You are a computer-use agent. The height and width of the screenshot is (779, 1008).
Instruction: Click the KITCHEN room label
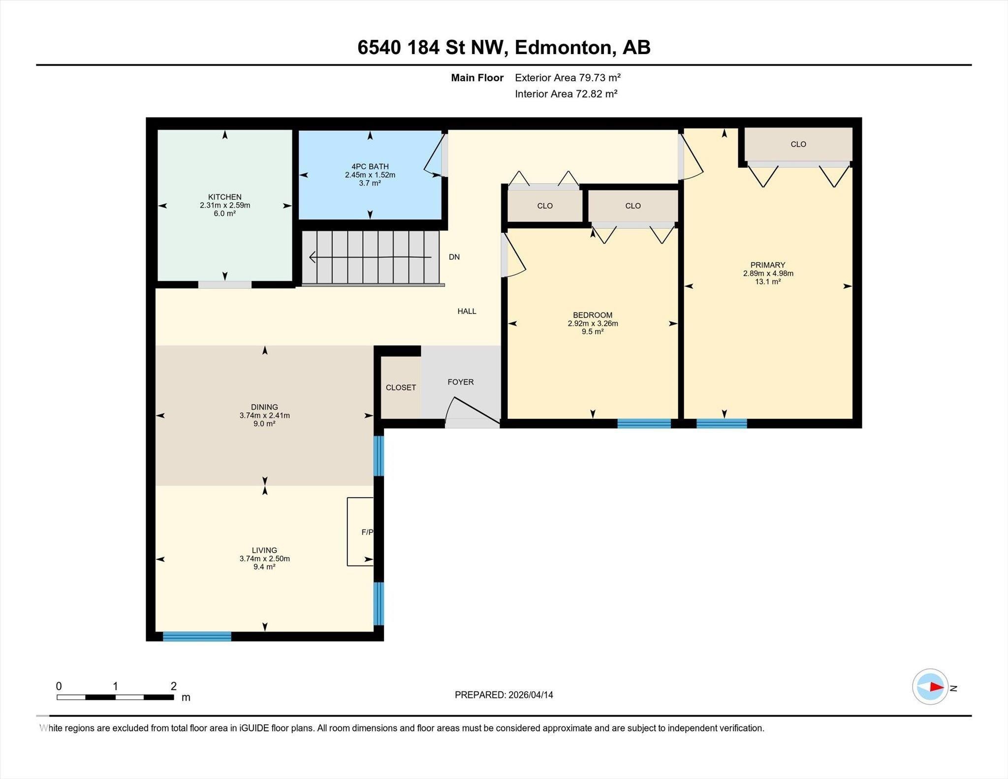tap(224, 197)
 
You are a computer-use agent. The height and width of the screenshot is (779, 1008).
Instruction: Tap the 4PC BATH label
tap(370, 167)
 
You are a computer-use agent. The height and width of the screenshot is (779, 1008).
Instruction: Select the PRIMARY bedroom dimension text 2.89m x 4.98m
tap(768, 274)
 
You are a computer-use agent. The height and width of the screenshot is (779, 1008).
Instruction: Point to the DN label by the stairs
tap(454, 257)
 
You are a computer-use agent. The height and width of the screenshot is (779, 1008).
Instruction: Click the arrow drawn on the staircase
tap(369, 257)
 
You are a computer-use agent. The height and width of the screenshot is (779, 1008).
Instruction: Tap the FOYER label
tap(460, 382)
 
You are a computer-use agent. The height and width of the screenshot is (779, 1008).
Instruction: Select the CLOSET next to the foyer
tap(401, 387)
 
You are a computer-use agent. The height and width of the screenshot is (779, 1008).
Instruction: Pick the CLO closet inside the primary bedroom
tap(798, 144)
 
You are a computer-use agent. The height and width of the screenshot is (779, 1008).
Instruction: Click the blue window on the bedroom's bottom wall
tap(644, 423)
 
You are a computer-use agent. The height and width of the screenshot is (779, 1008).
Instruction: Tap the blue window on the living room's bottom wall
tap(197, 636)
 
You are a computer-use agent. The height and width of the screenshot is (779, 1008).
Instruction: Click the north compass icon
tap(930, 686)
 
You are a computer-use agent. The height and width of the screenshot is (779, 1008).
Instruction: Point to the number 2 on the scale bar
tap(173, 686)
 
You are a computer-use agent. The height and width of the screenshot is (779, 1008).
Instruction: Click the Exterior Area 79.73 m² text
tap(567, 78)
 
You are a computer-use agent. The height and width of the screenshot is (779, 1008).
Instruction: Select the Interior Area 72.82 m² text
tap(566, 94)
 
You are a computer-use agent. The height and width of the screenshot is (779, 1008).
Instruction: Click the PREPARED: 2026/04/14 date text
tap(504, 695)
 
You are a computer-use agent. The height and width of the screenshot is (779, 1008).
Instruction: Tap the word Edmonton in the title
tap(565, 48)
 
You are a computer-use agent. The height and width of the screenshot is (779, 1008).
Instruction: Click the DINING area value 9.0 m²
tap(264, 424)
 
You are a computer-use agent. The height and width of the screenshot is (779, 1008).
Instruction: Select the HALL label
tap(467, 311)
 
